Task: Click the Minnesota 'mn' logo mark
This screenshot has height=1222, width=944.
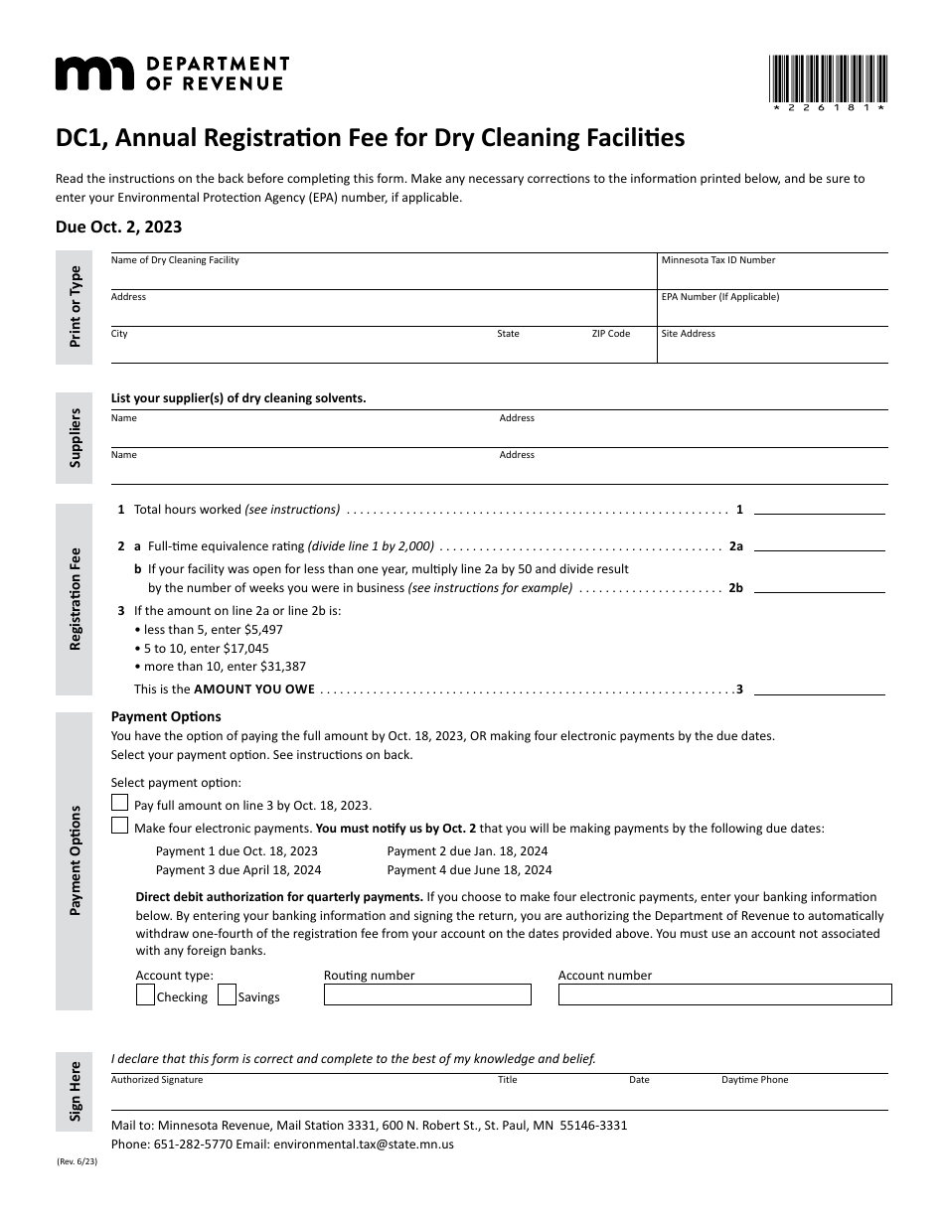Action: (93, 74)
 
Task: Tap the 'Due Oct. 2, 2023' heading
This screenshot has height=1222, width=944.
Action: (118, 227)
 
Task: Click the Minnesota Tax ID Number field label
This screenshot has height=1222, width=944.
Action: (717, 260)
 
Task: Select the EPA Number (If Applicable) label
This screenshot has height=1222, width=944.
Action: (719, 297)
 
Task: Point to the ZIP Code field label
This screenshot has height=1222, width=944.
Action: (610, 334)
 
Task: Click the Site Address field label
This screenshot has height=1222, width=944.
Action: (688, 334)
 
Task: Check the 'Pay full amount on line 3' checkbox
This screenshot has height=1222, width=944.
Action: (120, 804)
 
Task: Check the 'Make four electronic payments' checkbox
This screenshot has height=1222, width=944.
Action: (120, 827)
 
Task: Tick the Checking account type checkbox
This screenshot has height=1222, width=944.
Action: (145, 995)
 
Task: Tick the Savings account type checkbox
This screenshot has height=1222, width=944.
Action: (227, 995)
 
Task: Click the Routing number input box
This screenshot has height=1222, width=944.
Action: (427, 994)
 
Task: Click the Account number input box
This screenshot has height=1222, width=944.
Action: (724, 994)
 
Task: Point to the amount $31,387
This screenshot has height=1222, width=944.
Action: (283, 667)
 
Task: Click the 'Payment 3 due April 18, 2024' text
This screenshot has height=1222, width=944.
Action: (238, 870)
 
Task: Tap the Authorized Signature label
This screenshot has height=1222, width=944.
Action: (157, 1080)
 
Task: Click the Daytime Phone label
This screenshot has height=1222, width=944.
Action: (754, 1080)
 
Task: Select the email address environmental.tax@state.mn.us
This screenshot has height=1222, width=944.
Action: (363, 1145)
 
